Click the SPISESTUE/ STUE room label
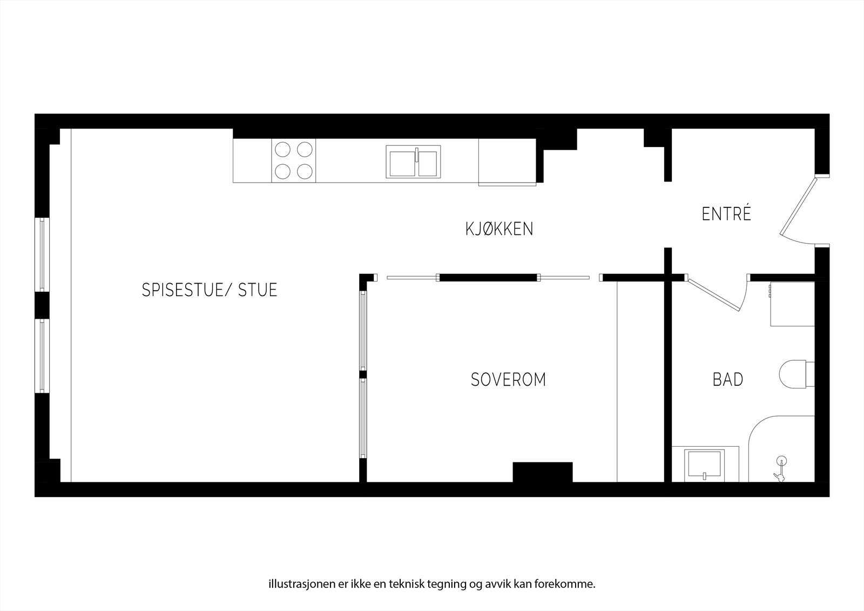click(x=210, y=290)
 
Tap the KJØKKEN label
click(x=499, y=229)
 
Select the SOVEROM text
click(x=508, y=380)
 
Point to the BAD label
click(x=728, y=380)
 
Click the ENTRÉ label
click(x=726, y=214)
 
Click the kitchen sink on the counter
click(x=413, y=162)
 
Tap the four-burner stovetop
click(x=294, y=161)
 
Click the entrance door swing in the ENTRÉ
click(x=800, y=208)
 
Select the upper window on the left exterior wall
click(x=42, y=254)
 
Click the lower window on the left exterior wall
click(x=42, y=355)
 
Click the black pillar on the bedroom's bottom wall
click(x=542, y=472)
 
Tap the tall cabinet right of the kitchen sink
click(x=507, y=162)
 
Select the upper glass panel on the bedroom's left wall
click(x=363, y=331)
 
